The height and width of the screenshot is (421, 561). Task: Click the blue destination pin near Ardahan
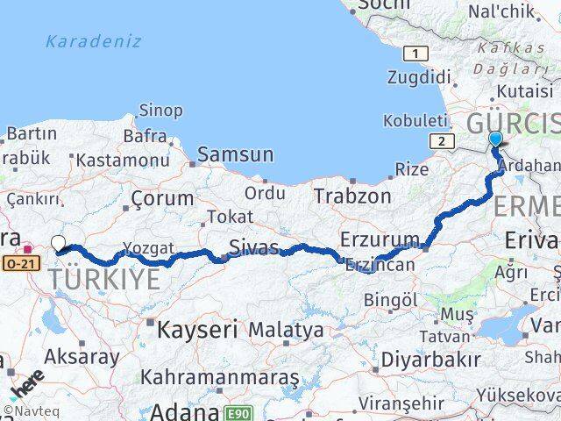pos(495,139)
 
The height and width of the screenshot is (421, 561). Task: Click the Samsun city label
pos(235,154)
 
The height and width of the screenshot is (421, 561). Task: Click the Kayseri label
pos(197,331)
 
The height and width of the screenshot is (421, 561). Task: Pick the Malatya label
pos(286,331)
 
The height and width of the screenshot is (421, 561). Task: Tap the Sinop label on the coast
pos(161,111)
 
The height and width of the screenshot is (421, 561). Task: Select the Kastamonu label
pos(123,161)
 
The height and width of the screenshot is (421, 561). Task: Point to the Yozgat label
pos(149,248)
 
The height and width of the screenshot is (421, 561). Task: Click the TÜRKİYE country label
pos(104,280)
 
